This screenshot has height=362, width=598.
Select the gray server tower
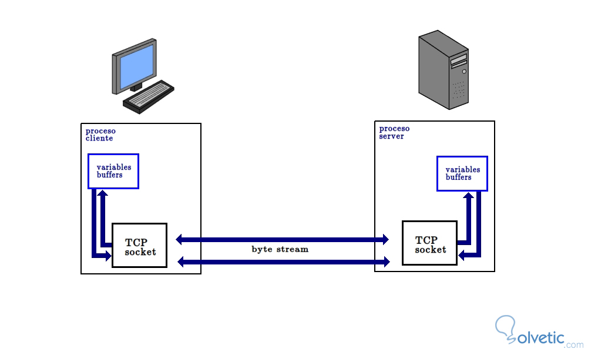click(x=444, y=71)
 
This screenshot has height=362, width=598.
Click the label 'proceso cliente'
click(x=100, y=135)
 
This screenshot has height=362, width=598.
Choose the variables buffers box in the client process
click(x=113, y=171)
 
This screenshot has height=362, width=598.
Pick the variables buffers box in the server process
click(x=462, y=173)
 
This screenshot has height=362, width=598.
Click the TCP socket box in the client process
click(x=139, y=245)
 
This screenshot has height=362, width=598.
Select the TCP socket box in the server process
click(x=429, y=243)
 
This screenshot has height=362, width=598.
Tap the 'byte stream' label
click(x=280, y=249)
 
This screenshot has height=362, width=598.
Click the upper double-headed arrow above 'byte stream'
click(x=283, y=239)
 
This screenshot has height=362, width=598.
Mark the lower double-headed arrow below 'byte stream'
click(x=283, y=261)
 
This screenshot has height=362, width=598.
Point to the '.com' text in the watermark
click(x=575, y=344)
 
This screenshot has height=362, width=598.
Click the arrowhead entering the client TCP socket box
click(x=107, y=255)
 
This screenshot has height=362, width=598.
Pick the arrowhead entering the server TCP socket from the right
click(x=462, y=255)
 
